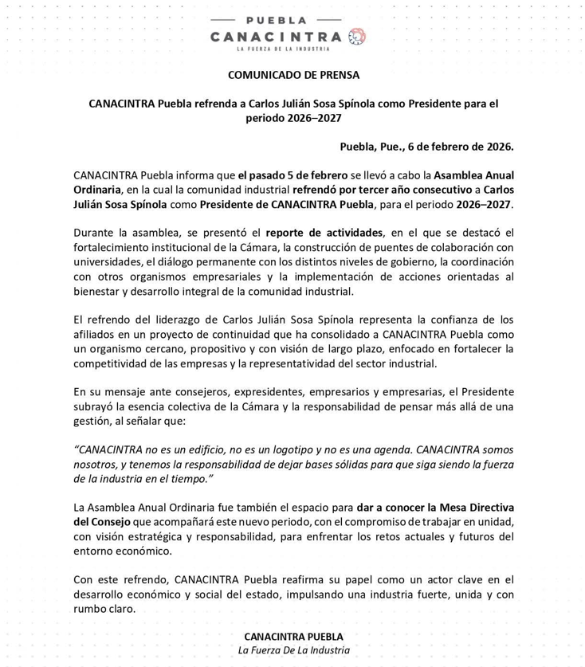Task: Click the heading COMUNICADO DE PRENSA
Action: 292,75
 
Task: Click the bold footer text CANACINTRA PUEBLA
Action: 293,637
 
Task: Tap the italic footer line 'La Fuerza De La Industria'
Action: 293,650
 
